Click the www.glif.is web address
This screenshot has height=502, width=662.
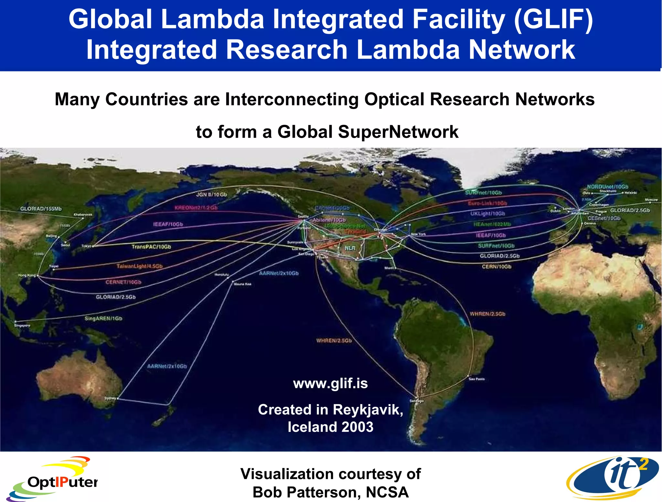[330, 384]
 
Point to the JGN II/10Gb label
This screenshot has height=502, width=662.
[212, 195]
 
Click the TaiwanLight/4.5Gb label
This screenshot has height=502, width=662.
[139, 266]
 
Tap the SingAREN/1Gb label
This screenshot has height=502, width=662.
[103, 319]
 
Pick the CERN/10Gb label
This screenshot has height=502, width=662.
[496, 267]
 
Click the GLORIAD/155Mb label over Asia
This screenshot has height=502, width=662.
[41, 209]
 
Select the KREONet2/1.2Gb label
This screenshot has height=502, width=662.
[196, 208]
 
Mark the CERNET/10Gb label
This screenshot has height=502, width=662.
[123, 282]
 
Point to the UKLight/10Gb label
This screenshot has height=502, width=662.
[487, 214]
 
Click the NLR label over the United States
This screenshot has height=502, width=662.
[350, 248]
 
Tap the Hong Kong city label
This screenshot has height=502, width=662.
[27, 275]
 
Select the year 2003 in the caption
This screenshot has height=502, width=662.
[357, 427]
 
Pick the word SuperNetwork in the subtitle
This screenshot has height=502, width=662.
[398, 132]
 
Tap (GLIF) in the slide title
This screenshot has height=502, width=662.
[553, 19]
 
